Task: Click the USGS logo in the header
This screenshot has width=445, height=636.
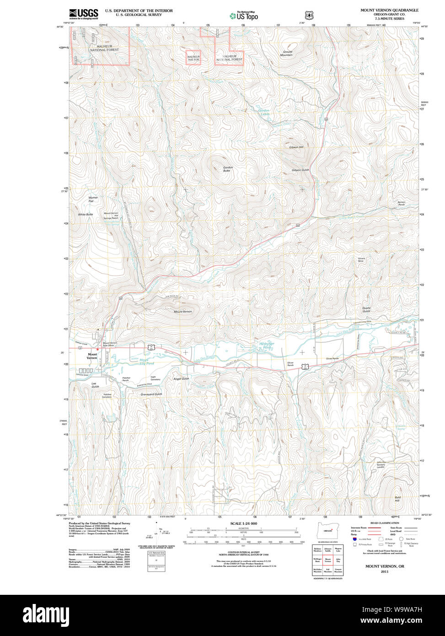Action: (x=83, y=14)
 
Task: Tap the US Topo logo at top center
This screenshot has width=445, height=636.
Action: (x=244, y=16)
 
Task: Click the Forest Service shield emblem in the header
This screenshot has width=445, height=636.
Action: (x=310, y=15)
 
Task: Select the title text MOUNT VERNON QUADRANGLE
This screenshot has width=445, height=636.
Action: (x=389, y=10)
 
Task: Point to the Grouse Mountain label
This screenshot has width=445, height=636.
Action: (x=287, y=54)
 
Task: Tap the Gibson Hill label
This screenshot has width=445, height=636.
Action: (x=296, y=147)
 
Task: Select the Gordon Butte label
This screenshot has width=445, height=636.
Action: (x=228, y=169)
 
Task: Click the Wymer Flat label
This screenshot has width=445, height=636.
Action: (x=93, y=199)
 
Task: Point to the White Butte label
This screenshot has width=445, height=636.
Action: (x=86, y=214)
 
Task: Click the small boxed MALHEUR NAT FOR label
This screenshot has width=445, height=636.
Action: (x=193, y=58)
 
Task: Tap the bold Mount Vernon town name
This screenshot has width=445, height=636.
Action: (x=92, y=356)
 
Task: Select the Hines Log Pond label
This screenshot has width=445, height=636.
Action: (x=146, y=361)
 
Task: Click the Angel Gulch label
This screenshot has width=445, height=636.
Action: (x=181, y=379)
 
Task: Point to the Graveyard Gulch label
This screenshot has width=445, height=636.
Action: (x=151, y=394)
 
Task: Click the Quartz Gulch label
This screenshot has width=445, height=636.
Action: (x=366, y=309)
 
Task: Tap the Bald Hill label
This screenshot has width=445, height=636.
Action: (x=397, y=499)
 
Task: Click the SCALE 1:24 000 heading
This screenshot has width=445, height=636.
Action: (x=243, y=523)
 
